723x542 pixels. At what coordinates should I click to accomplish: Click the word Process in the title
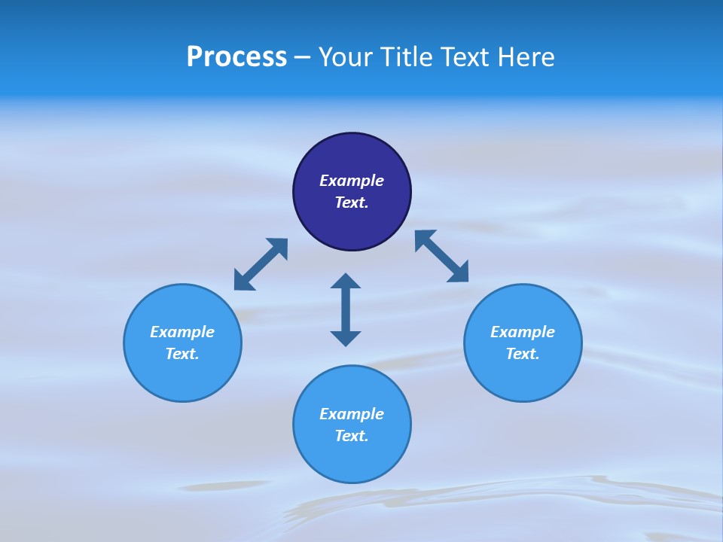[236, 57]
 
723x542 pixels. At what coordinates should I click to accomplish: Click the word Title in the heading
[406, 57]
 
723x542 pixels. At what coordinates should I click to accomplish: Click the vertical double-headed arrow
[346, 309]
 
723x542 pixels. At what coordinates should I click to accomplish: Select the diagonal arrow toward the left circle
[261, 264]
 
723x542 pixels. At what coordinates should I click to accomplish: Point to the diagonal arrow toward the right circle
[441, 256]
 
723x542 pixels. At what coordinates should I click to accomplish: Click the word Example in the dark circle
[352, 181]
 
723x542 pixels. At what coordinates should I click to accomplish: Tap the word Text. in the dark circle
[352, 202]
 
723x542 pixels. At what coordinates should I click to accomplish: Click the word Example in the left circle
[182, 332]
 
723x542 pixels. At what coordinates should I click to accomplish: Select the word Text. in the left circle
[182, 354]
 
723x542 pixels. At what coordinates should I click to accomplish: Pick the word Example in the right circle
[523, 332]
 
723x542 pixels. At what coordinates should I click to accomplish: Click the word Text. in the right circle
[523, 354]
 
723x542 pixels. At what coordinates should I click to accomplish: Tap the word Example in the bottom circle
[352, 414]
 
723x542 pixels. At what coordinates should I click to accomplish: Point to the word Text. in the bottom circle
[352, 436]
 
